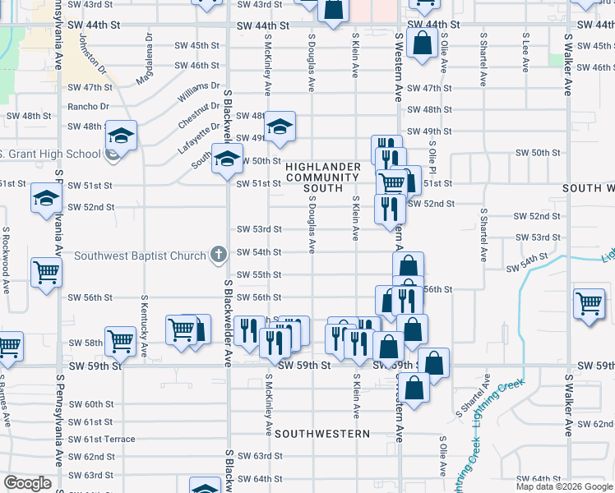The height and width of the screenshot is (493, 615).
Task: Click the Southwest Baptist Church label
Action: coord(140,256)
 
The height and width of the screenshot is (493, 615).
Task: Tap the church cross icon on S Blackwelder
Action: coord(218,255)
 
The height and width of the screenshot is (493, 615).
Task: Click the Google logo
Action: coord(28,483)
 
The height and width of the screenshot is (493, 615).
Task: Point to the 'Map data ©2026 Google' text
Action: coord(563,486)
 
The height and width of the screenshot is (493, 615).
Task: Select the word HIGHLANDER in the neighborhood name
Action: coord(323,167)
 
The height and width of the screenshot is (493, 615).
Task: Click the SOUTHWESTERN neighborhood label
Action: coord(322,433)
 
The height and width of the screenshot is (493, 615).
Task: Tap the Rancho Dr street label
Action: coord(88,107)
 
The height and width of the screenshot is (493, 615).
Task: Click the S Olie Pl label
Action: coord(432,156)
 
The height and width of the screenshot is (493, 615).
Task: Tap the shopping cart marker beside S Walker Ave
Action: coord(590,304)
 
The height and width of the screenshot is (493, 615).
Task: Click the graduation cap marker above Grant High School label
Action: coord(121,136)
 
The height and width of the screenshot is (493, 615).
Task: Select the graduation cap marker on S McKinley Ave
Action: coord(280,127)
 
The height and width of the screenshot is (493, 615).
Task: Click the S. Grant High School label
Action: coord(49,154)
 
